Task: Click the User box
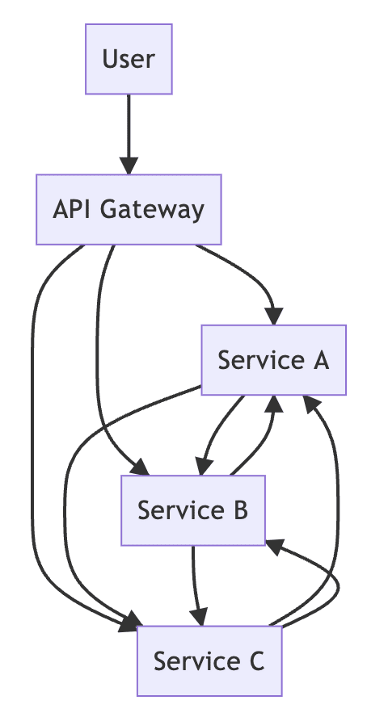click(x=129, y=59)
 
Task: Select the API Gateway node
click(x=129, y=209)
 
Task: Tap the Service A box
click(x=274, y=360)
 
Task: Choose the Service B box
click(x=193, y=510)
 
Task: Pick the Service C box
click(x=209, y=660)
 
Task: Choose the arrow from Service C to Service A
click(x=338, y=503)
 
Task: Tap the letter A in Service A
click(x=320, y=360)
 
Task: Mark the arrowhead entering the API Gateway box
click(x=129, y=166)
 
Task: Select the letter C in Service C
click(x=256, y=661)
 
